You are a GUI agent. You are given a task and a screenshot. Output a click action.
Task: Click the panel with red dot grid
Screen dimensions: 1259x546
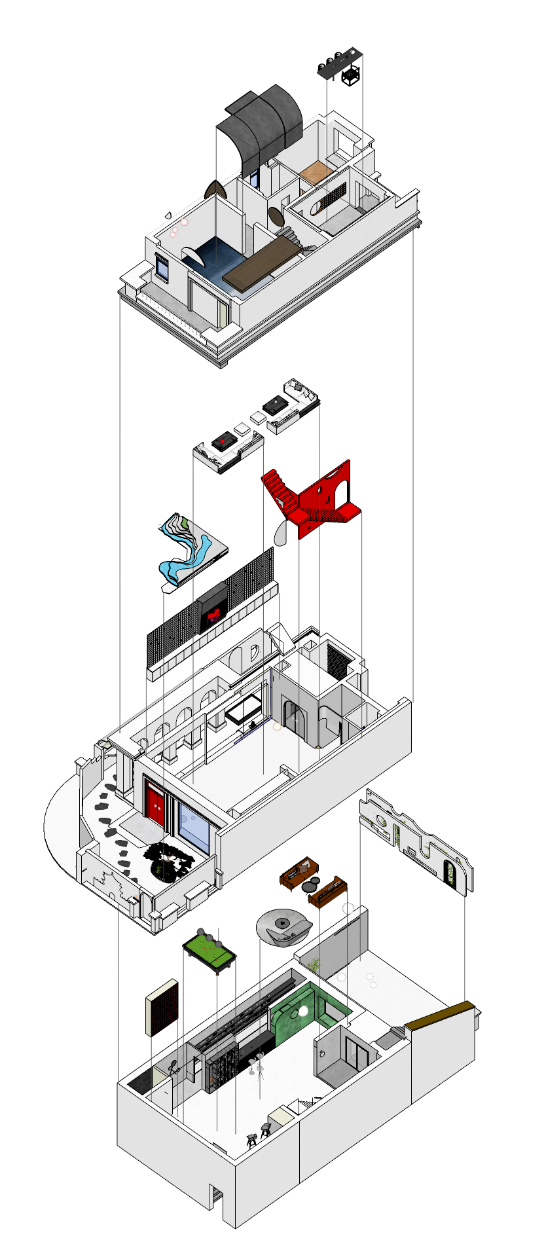click(x=162, y=1008)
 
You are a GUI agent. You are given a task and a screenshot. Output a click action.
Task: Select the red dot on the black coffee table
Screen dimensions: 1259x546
click(x=222, y=442)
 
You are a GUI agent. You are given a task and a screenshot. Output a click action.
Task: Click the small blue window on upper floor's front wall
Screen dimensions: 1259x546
click(x=162, y=266)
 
